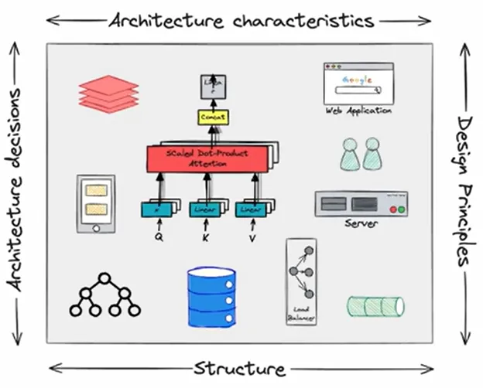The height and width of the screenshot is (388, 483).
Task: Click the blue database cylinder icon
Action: point(211,297)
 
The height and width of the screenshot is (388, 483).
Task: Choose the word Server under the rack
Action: point(361,224)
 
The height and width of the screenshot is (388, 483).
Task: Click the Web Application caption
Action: point(358,111)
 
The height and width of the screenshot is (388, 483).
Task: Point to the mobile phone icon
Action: point(96,204)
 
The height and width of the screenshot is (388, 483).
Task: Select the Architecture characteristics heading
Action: point(242,20)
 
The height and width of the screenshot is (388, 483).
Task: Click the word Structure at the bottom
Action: point(239,368)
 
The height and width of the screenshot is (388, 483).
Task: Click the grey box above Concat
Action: point(211,87)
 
